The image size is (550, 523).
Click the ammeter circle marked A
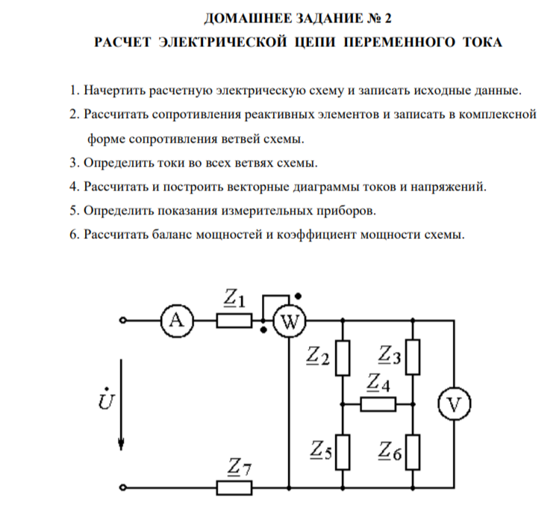176,321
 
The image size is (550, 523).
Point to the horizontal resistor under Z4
378,405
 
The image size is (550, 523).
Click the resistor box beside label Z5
343,453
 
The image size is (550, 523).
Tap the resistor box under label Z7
234,489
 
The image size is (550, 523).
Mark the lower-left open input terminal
123,489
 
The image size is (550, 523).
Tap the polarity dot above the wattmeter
298,295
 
